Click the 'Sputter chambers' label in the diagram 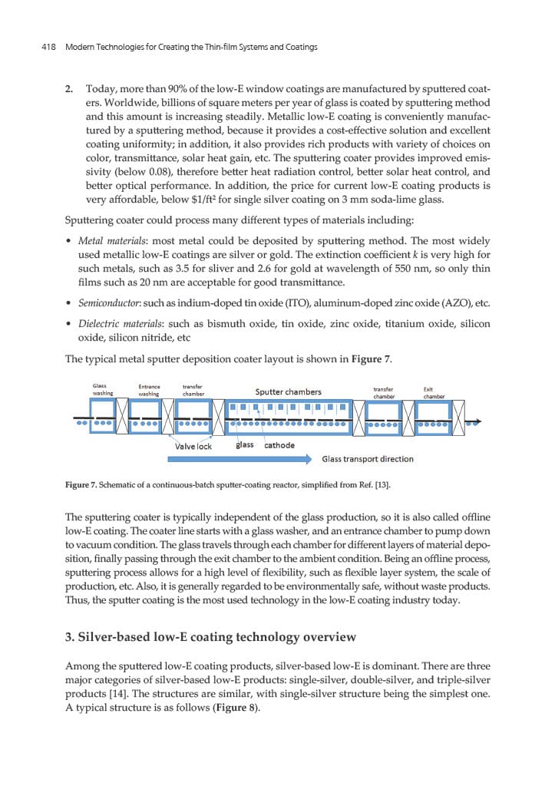pyautogui.click(x=288, y=392)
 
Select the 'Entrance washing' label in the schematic pyautogui.click(x=149, y=390)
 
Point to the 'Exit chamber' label pyautogui.click(x=434, y=393)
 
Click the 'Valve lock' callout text pyautogui.click(x=193, y=446)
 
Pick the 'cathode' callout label pyautogui.click(x=279, y=445)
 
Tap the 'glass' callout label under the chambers pyautogui.click(x=244, y=445)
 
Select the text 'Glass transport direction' pyautogui.click(x=368, y=459)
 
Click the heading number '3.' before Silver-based pyautogui.click(x=72, y=636)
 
